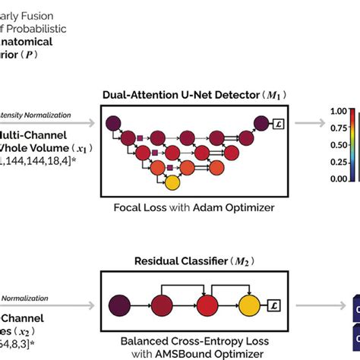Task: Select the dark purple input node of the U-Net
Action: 112,123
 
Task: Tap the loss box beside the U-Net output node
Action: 278,124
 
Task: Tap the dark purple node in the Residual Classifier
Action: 121,306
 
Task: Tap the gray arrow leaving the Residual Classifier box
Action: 318,306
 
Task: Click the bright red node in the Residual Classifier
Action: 206,306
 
